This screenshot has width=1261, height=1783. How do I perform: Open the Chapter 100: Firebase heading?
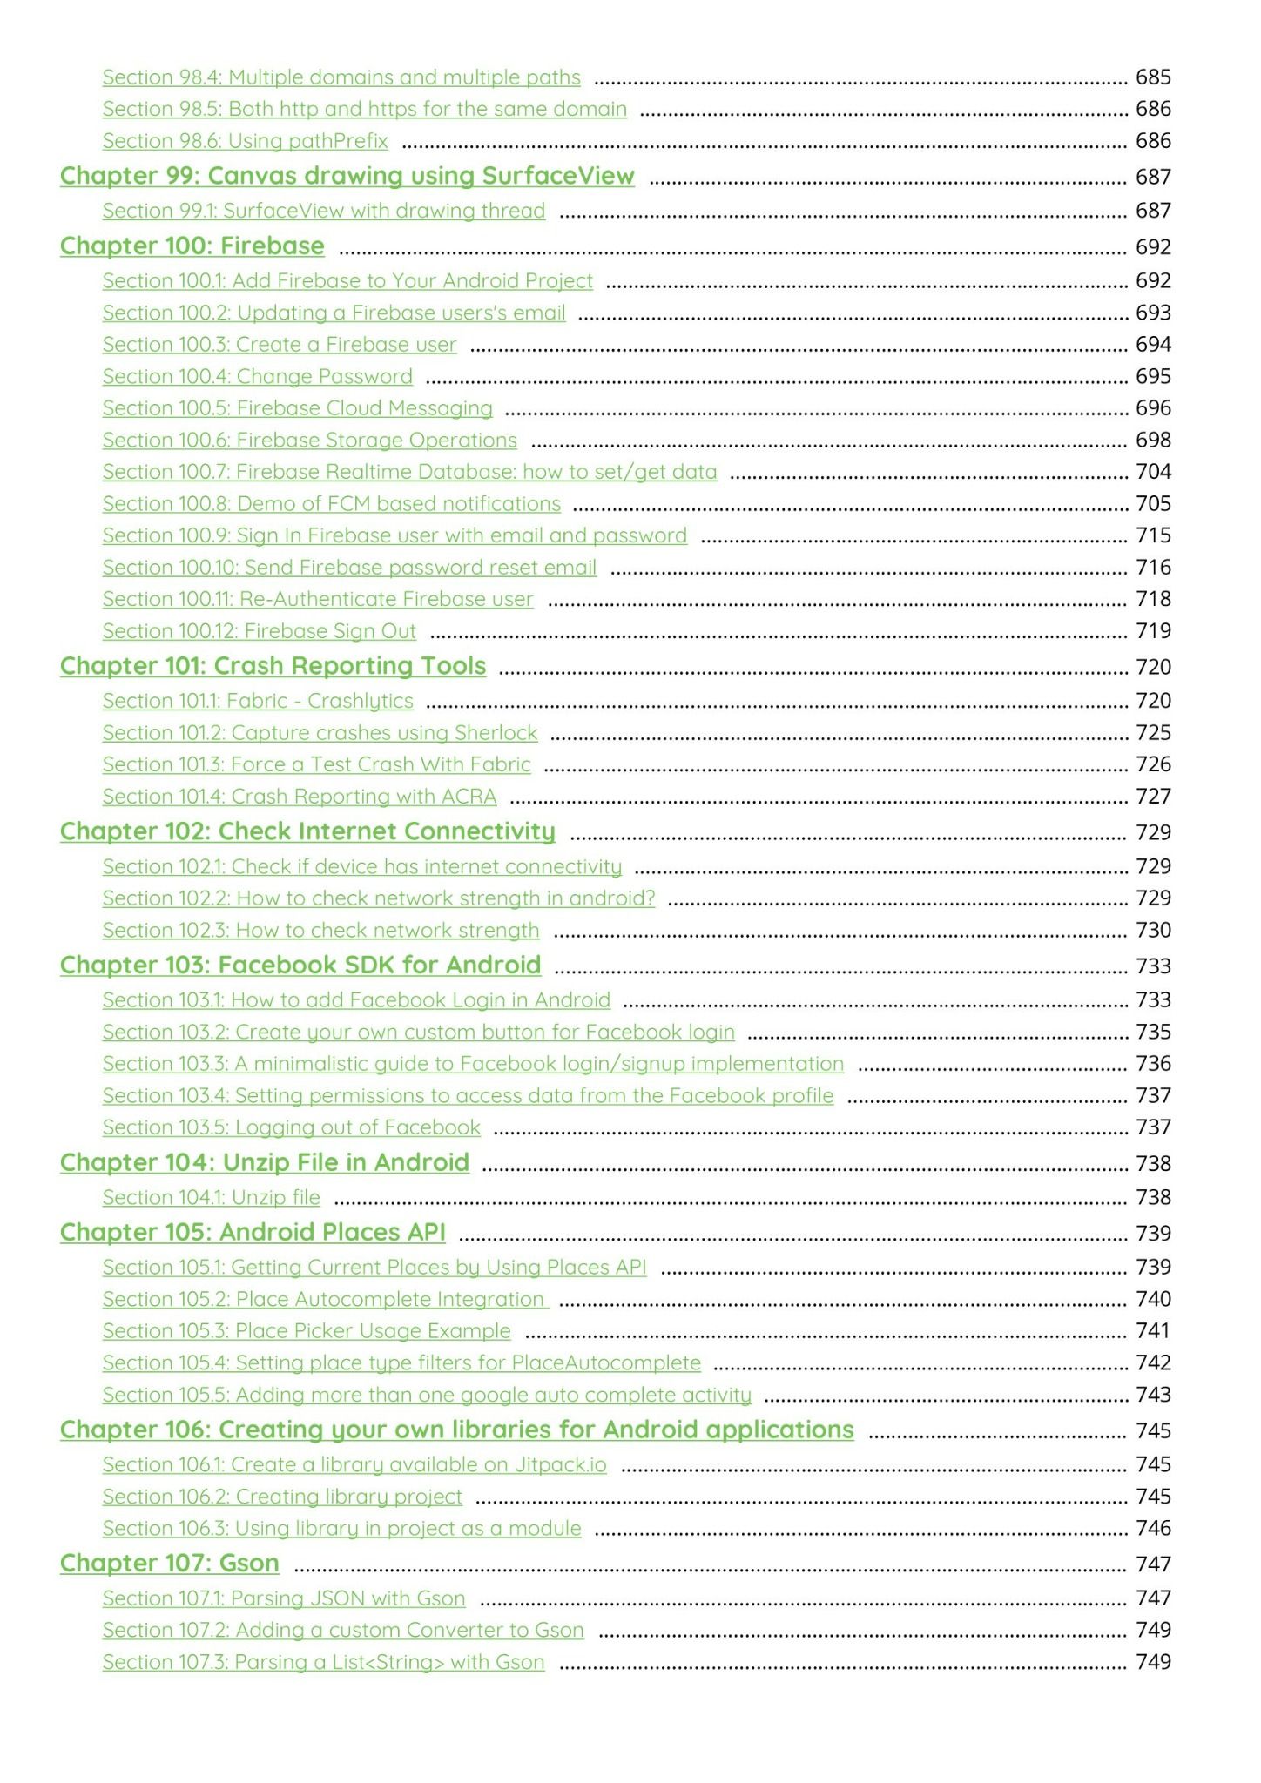pyautogui.click(x=192, y=246)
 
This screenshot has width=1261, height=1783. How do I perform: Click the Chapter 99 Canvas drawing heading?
pyautogui.click(x=347, y=176)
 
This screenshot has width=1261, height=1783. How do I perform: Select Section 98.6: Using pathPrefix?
pyautogui.click(x=245, y=141)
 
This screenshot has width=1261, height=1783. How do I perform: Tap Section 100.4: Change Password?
pyautogui.click(x=257, y=376)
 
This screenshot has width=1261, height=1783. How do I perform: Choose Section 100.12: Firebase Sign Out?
pyautogui.click(x=259, y=631)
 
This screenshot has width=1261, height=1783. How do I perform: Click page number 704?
pyautogui.click(x=1153, y=472)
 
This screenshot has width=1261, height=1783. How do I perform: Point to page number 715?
pyautogui.click(x=1153, y=535)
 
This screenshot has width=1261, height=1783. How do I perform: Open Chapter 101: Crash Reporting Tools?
pyautogui.click(x=273, y=666)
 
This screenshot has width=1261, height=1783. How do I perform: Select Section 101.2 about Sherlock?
pyautogui.click(x=320, y=733)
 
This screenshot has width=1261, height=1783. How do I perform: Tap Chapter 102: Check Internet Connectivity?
pyautogui.click(x=307, y=831)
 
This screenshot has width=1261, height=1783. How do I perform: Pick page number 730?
pyautogui.click(x=1153, y=931)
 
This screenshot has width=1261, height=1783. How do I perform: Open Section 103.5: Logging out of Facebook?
pyautogui.click(x=291, y=1127)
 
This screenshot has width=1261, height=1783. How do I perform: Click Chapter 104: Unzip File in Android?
pyautogui.click(x=264, y=1163)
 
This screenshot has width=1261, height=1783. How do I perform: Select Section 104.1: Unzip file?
pyautogui.click(x=211, y=1198)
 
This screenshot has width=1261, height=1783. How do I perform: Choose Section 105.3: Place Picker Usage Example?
pyautogui.click(x=307, y=1331)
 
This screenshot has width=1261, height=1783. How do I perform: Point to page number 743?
pyautogui.click(x=1153, y=1395)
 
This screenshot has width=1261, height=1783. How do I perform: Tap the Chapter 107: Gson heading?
pyautogui.click(x=169, y=1564)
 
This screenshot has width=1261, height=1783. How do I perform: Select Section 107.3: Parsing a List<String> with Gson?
pyautogui.click(x=323, y=1662)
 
